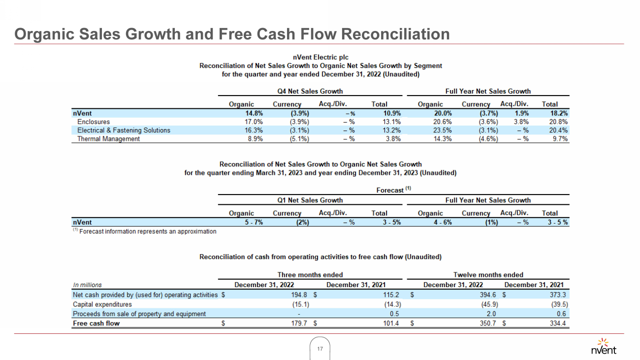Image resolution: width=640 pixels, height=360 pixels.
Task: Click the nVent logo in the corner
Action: pyautogui.click(x=603, y=346)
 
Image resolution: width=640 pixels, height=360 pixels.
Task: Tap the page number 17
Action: pyautogui.click(x=320, y=349)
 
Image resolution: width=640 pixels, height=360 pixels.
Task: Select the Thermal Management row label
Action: pyautogui.click(x=108, y=139)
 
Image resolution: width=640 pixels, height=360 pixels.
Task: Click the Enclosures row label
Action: pyautogui.click(x=94, y=122)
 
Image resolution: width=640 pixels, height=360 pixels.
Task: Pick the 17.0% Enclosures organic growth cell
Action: pyautogui.click(x=245, y=122)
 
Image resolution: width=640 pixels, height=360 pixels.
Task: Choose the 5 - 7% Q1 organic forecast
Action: pyautogui.click(x=243, y=222)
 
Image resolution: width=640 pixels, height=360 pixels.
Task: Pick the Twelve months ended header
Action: pyautogui.click(x=488, y=275)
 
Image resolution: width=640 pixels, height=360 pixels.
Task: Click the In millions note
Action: pyautogui.click(x=87, y=285)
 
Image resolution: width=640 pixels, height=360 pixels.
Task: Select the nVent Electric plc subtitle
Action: pyautogui.click(x=320, y=57)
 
